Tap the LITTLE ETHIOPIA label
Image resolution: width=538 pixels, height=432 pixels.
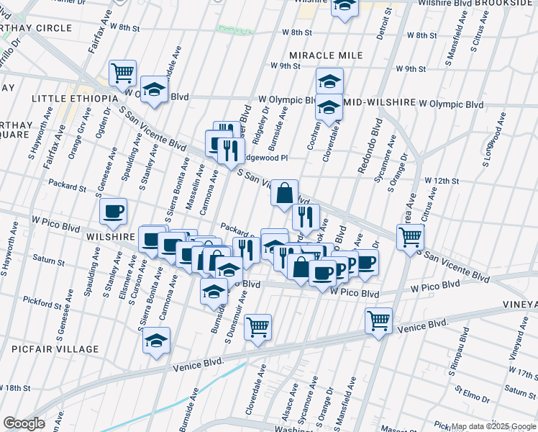pos(74,98)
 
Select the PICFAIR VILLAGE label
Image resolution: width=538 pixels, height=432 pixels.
pos(55,349)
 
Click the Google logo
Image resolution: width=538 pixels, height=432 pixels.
pos(24,423)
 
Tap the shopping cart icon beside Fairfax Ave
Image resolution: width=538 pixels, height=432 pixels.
pos(123,72)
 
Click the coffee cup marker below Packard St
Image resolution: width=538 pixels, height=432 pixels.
pos(114,211)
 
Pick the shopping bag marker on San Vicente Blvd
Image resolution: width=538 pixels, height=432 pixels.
pos(285,192)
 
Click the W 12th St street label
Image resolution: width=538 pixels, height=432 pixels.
pos(442,180)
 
